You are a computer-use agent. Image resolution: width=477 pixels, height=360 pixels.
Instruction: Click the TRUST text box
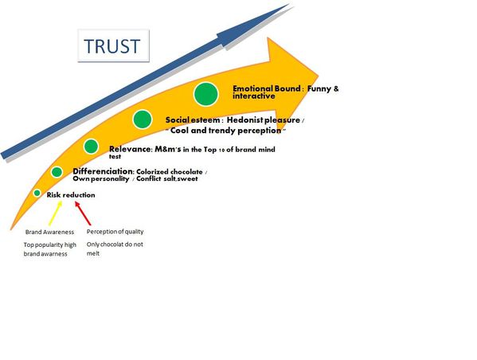(x=113, y=45)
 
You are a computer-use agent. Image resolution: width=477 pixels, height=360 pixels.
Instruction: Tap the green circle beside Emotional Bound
(x=206, y=94)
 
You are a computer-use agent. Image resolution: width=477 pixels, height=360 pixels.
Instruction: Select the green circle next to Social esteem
(x=143, y=119)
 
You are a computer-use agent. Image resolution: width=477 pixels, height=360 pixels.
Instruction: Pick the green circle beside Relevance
(x=91, y=147)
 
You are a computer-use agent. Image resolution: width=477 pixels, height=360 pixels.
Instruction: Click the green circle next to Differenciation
(x=57, y=172)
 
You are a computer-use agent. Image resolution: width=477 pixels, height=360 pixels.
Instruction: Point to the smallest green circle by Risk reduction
(x=37, y=193)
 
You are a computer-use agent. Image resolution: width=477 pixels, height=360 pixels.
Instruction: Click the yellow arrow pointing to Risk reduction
(x=56, y=213)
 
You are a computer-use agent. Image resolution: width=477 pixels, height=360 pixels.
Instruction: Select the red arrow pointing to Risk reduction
(x=83, y=213)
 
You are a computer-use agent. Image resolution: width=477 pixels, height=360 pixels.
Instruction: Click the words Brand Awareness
(x=49, y=232)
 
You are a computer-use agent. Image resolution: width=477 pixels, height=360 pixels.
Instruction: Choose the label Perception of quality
(x=115, y=232)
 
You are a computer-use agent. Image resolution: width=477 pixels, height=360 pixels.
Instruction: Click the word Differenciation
(x=103, y=171)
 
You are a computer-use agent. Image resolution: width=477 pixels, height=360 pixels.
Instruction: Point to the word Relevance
(x=130, y=149)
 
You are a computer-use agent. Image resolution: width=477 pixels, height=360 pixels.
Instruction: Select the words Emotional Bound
(x=267, y=88)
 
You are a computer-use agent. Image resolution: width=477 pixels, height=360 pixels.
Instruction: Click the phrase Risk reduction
(x=71, y=195)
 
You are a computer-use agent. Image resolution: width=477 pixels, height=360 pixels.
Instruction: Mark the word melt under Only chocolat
(x=93, y=253)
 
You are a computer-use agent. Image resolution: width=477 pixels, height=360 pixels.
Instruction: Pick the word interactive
(x=254, y=96)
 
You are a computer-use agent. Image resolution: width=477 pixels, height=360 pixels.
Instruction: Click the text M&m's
(x=168, y=149)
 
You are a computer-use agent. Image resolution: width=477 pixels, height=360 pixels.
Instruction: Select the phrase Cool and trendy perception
(x=225, y=131)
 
